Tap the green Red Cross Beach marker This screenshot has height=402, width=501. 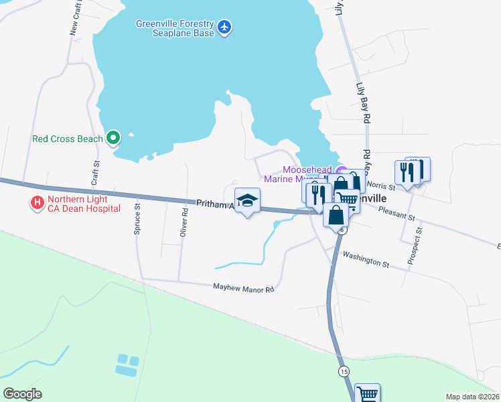click(x=113, y=139)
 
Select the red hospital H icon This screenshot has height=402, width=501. click(x=37, y=202)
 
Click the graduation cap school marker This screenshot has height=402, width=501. click(x=247, y=200)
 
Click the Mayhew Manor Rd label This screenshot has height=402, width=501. click(x=244, y=289)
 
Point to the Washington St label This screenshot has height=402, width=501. click(x=366, y=259)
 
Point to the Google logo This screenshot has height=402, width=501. click(x=22, y=394)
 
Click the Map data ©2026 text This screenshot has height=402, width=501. click(x=472, y=397)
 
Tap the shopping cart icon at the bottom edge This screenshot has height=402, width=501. click(x=367, y=394)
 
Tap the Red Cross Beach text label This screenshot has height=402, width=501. click(x=68, y=139)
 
